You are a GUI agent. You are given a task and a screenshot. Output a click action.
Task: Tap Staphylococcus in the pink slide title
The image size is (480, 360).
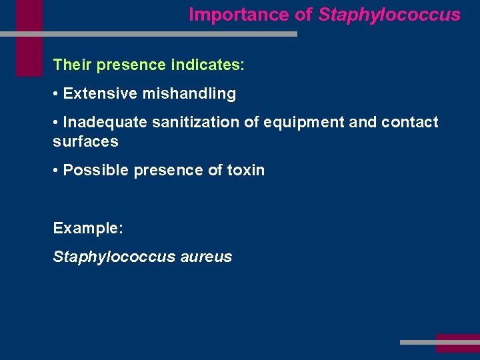[389, 15]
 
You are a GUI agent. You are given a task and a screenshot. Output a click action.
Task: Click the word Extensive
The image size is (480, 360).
[100, 94]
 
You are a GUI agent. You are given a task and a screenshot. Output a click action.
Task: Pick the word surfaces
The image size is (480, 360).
[85, 141]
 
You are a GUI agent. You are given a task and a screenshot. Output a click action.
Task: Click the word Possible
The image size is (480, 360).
[96, 171]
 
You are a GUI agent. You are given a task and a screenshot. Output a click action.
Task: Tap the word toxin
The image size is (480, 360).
[245, 171]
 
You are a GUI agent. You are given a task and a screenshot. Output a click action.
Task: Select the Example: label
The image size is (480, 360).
[88, 228]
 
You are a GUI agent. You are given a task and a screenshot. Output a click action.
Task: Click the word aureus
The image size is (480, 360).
[206, 257]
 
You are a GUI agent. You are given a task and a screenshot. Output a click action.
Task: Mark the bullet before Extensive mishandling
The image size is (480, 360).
[56, 94]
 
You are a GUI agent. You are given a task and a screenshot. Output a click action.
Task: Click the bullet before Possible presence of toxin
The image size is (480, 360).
[56, 171]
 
